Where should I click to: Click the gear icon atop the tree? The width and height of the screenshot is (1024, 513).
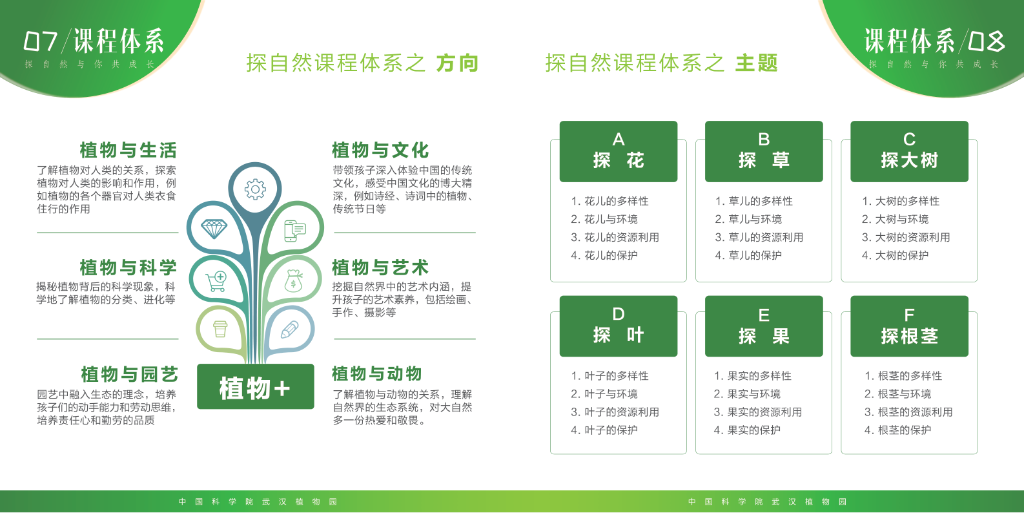(255, 189)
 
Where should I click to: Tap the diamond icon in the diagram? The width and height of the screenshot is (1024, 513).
(214, 229)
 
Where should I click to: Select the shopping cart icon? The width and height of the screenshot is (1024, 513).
(216, 281)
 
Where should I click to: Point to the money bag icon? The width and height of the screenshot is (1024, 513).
(293, 280)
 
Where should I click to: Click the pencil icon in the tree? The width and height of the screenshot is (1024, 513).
(289, 330)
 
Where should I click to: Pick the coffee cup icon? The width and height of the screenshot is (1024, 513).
(220, 329)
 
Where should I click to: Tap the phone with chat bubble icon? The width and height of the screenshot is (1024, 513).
(295, 230)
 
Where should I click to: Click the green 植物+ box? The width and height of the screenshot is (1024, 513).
(256, 386)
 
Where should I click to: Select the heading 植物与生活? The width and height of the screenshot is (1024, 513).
(128, 150)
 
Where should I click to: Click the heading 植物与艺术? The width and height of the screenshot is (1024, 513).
(380, 267)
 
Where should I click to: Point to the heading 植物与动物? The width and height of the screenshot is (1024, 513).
(376, 373)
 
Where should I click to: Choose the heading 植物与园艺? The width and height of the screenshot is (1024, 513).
(129, 374)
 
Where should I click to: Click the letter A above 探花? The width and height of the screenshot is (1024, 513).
(619, 139)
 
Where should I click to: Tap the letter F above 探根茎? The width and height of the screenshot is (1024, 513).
(909, 315)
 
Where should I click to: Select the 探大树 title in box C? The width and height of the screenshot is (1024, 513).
(909, 160)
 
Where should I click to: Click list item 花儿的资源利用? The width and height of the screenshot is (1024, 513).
(615, 237)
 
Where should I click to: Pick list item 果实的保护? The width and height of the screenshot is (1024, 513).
(747, 430)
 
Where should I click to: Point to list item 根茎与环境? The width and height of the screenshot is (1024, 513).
(897, 393)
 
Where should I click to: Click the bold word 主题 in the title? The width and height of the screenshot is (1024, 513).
(757, 63)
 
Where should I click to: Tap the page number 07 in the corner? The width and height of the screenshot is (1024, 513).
(41, 41)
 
